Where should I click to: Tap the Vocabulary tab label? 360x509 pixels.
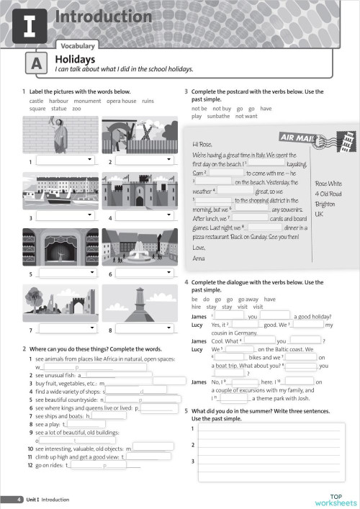(78, 45)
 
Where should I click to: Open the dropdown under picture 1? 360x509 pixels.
(66, 161)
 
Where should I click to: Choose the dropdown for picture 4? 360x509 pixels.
(145, 215)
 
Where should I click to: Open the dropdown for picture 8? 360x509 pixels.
(145, 329)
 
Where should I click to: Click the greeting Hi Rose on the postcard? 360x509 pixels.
(204, 143)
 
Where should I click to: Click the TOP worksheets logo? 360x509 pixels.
(335, 499)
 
